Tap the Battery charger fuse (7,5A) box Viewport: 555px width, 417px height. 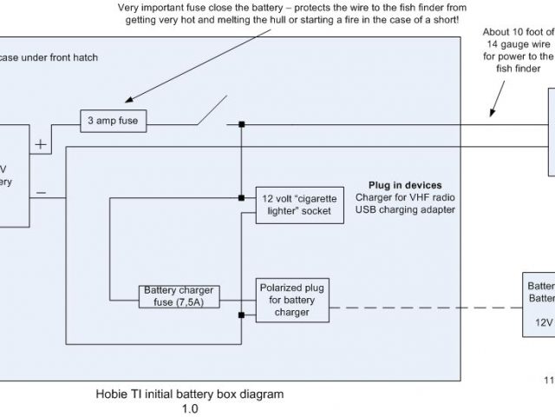point(180,296)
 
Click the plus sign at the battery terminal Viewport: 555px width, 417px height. point(40,143)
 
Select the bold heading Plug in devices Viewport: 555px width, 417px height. point(404,185)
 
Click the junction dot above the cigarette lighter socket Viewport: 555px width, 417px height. point(242,127)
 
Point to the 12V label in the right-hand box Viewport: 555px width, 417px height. point(542,319)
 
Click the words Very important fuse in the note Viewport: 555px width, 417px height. point(161,8)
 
